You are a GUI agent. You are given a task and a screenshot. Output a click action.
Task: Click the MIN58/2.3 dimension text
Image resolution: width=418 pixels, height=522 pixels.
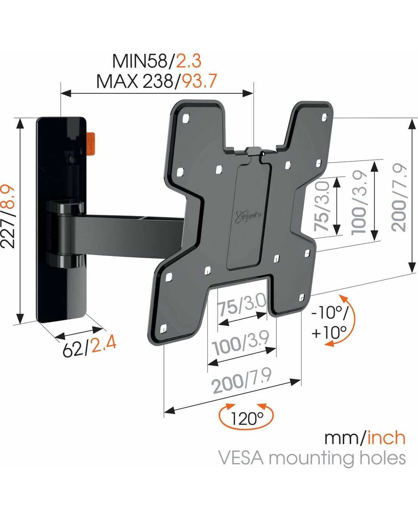(157, 61)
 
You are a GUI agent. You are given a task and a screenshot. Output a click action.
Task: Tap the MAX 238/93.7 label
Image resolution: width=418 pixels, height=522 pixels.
(157, 81)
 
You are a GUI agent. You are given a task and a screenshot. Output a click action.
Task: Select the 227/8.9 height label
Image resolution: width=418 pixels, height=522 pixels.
(8, 216)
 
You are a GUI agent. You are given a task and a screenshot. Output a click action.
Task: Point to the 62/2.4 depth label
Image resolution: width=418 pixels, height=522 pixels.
(89, 347)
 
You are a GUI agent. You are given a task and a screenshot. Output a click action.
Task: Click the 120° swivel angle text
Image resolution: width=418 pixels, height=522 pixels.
(247, 418)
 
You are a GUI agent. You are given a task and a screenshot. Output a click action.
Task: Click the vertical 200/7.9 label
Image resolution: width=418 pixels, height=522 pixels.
(398, 198)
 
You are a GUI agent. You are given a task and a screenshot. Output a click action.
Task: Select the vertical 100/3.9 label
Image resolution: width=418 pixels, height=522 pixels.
(359, 203)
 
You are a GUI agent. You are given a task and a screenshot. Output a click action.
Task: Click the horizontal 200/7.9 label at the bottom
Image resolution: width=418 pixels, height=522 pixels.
(242, 381)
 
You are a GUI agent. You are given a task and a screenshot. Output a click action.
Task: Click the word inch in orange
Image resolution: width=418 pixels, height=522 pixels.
(386, 438)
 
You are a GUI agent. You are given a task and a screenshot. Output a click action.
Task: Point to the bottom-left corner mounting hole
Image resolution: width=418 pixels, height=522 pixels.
(163, 328)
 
